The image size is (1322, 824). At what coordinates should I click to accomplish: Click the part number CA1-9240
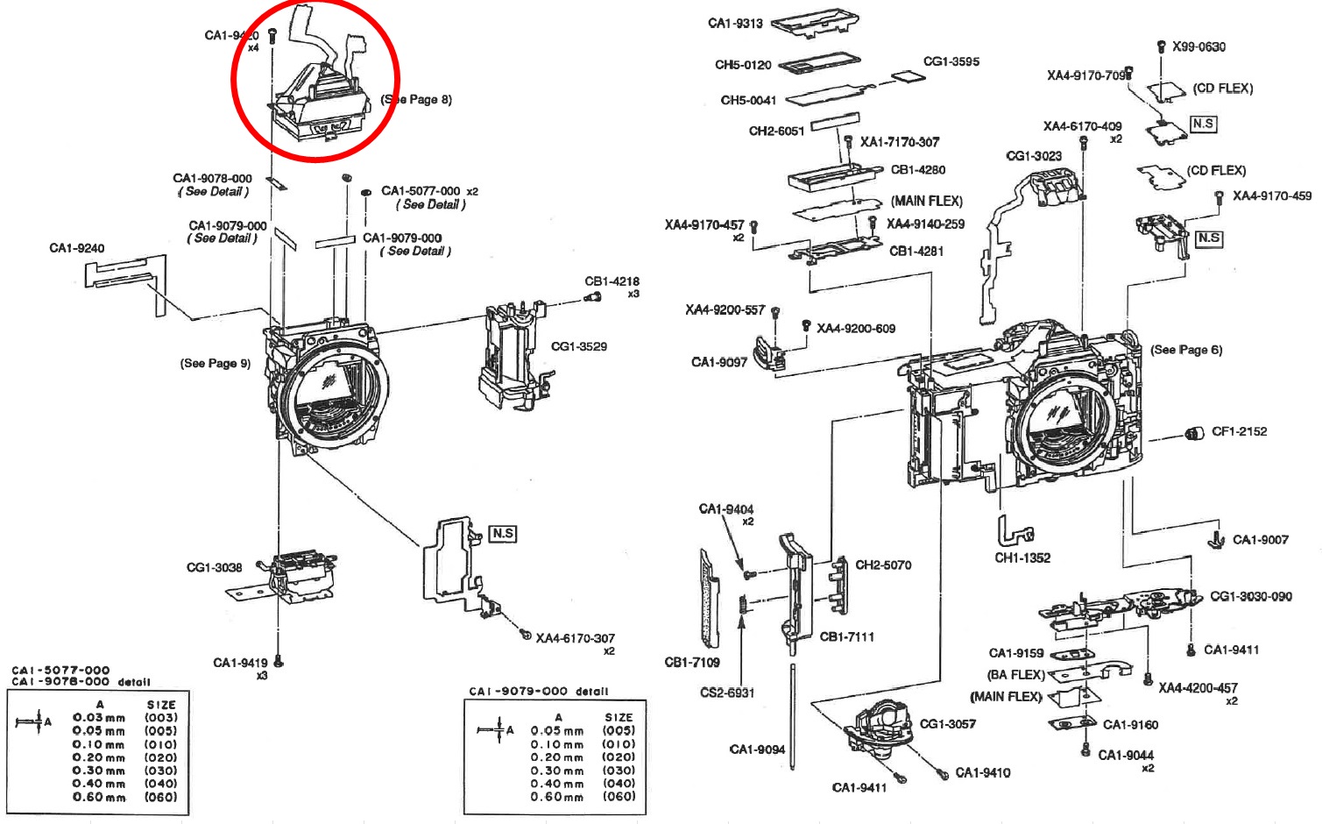tap(76, 248)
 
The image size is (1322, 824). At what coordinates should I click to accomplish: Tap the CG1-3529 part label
tap(578, 346)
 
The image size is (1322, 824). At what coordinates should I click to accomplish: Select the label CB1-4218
tap(612, 281)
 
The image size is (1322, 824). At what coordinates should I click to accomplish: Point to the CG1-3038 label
tap(214, 567)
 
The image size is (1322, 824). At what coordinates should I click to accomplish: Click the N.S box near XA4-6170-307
tap(503, 533)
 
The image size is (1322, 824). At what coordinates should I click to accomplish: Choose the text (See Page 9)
tap(216, 363)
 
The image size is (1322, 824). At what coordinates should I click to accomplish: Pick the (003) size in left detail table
tap(161, 717)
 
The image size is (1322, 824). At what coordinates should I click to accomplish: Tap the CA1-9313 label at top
tap(735, 24)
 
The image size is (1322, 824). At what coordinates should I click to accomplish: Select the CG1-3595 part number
tap(951, 61)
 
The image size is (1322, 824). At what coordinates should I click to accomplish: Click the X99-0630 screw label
tap(1198, 46)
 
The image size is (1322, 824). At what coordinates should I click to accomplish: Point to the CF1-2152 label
tap(1239, 431)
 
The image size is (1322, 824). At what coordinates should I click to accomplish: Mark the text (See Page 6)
tap(1186, 350)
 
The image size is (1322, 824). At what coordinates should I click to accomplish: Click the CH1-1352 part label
tap(1022, 558)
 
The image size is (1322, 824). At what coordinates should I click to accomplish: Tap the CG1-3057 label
tap(947, 723)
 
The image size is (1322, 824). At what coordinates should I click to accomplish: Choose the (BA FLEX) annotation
tap(1016, 674)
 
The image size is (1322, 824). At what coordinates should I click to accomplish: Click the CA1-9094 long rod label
tap(757, 749)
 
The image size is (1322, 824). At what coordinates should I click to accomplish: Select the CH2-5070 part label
tap(883, 565)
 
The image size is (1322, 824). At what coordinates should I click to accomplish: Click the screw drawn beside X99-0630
tap(1161, 46)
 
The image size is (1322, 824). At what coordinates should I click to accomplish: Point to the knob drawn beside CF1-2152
tap(1193, 433)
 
